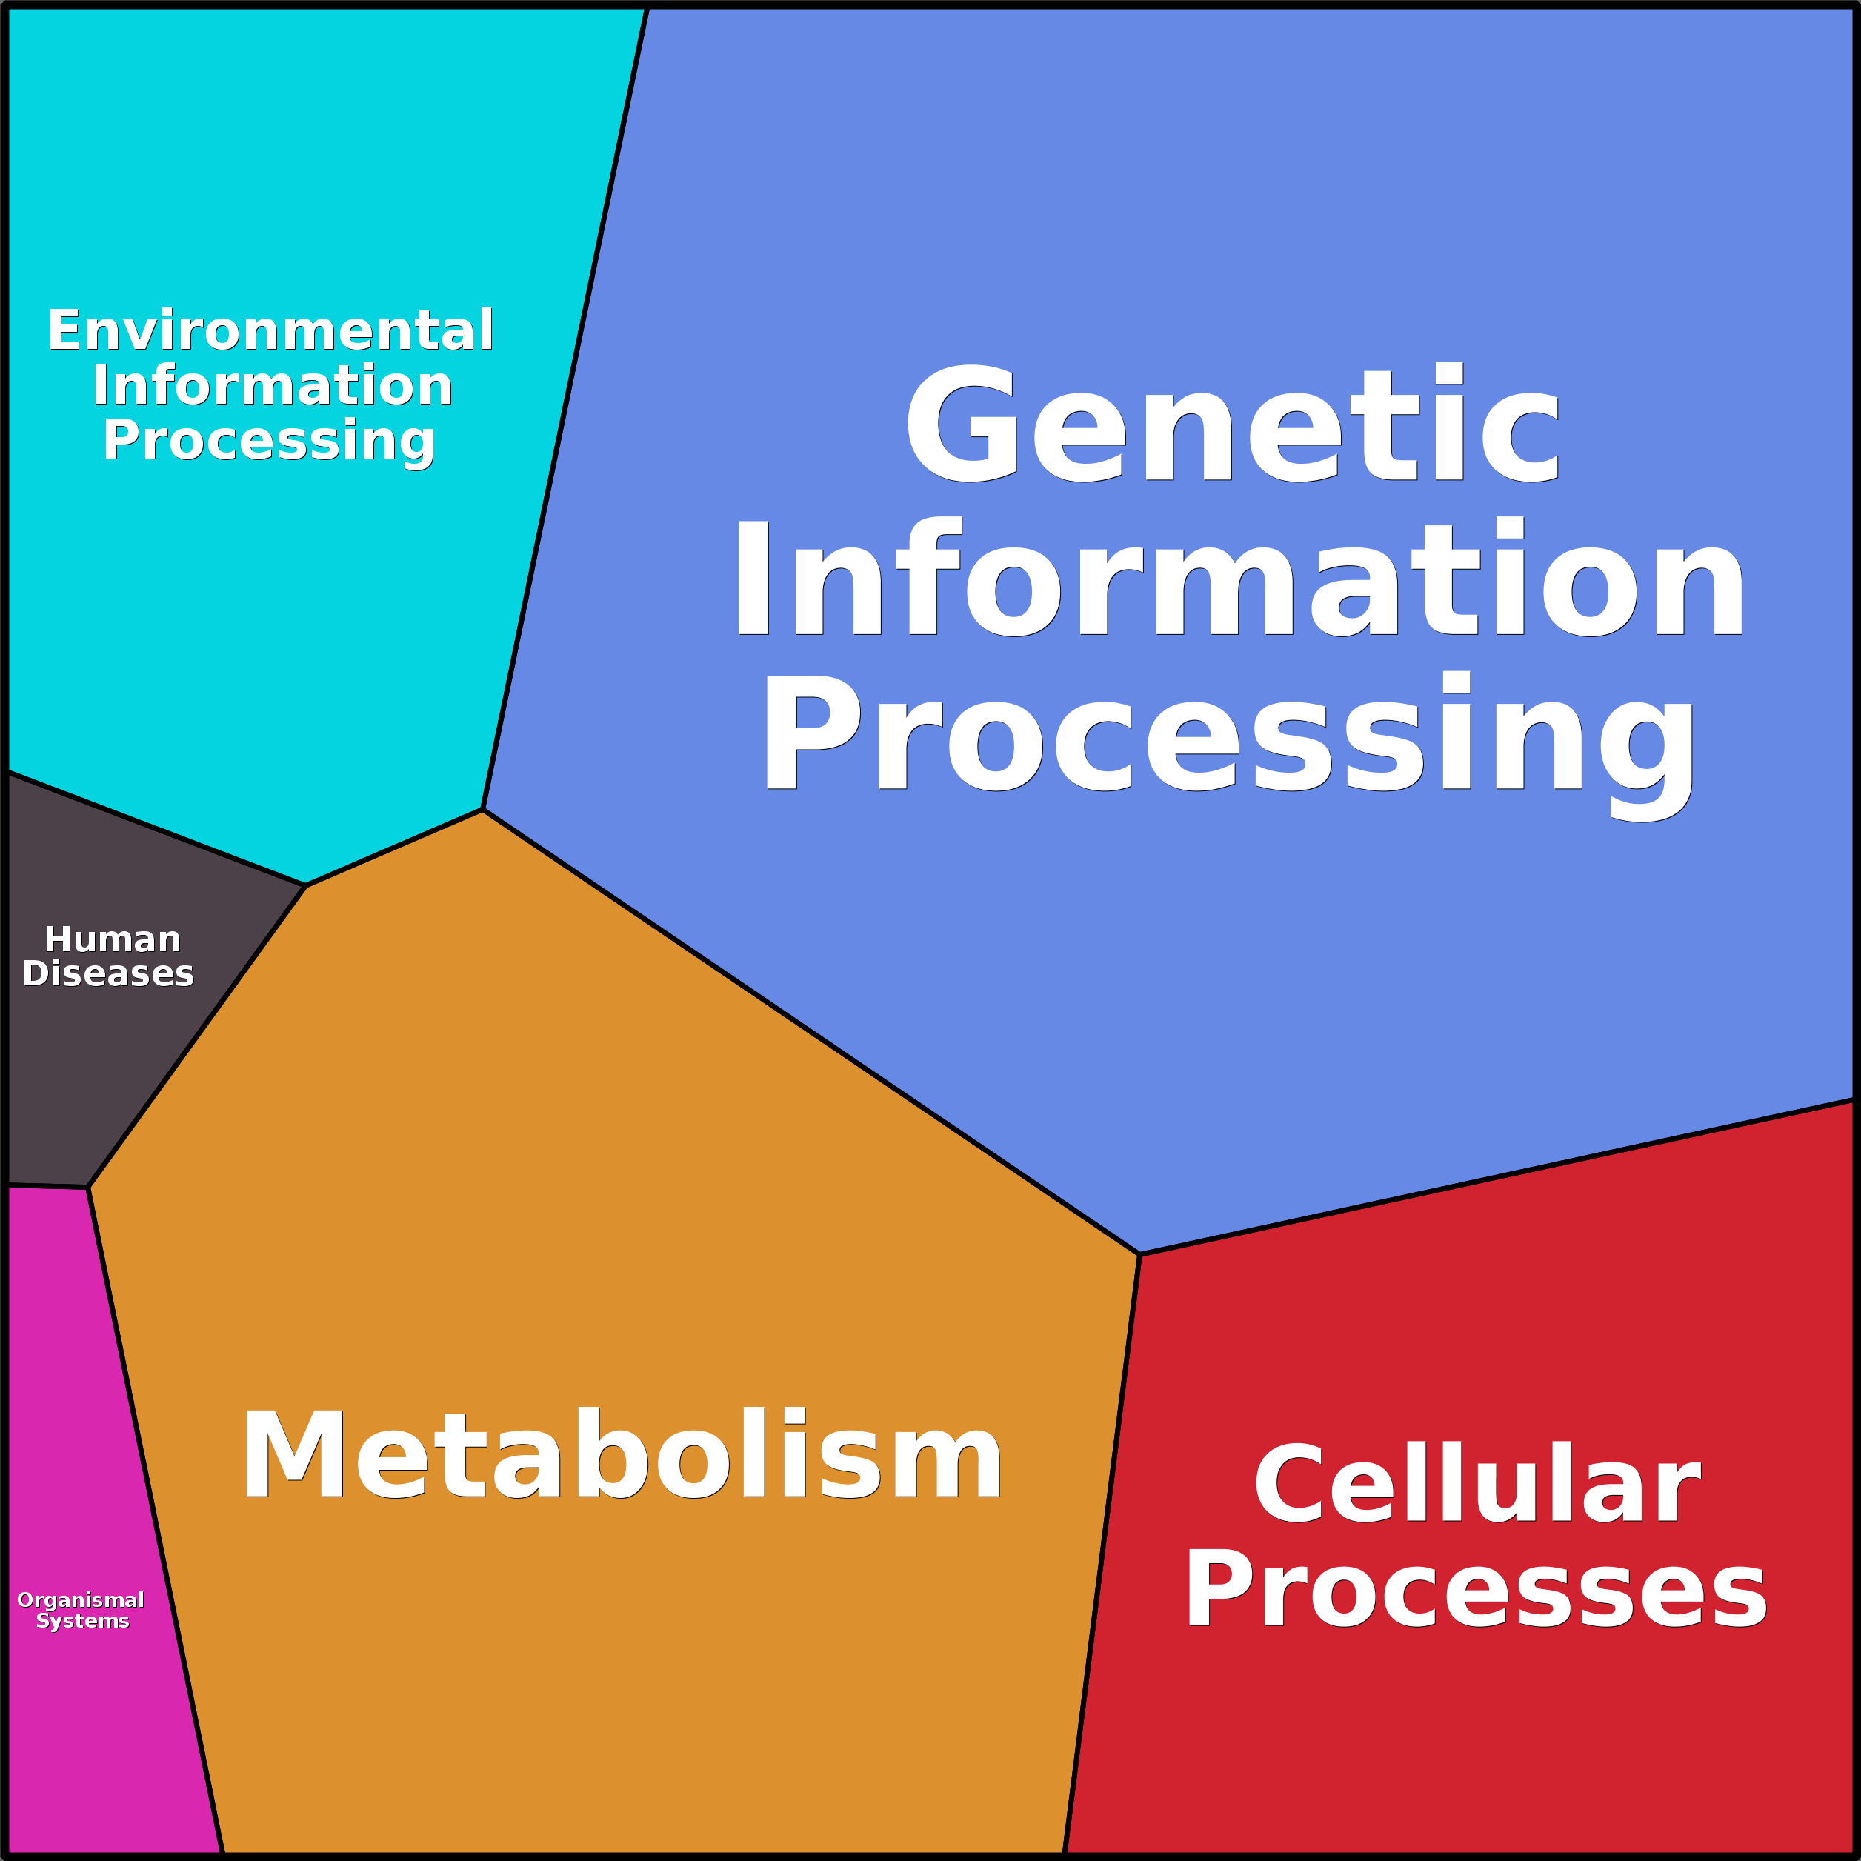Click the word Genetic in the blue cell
pyautogui.click(x=1232, y=423)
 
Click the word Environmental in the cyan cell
pyautogui.click(x=270, y=330)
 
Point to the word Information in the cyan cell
pyautogui.click(x=273, y=385)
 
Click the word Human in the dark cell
pyautogui.click(x=113, y=939)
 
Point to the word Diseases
pyautogui.click(x=108, y=974)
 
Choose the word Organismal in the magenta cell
pyautogui.click(x=81, y=1601)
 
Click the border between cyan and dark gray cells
pyautogui.click(x=156, y=828)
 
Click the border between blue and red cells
pyautogui.click(x=1497, y=1176)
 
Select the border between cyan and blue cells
pyautogui.click(x=565, y=407)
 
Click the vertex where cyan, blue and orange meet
pyautogui.click(x=482, y=809)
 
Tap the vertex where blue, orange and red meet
pyautogui.click(x=1139, y=1254)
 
